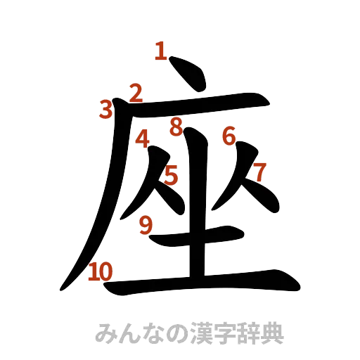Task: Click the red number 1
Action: pos(161,51)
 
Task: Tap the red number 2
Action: pos(136,92)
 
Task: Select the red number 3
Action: pos(106,109)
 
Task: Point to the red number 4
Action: pos(143,139)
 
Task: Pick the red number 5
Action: pos(171,175)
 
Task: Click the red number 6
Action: pos(229,136)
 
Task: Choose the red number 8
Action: pos(176,127)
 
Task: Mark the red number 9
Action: pos(146,224)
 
